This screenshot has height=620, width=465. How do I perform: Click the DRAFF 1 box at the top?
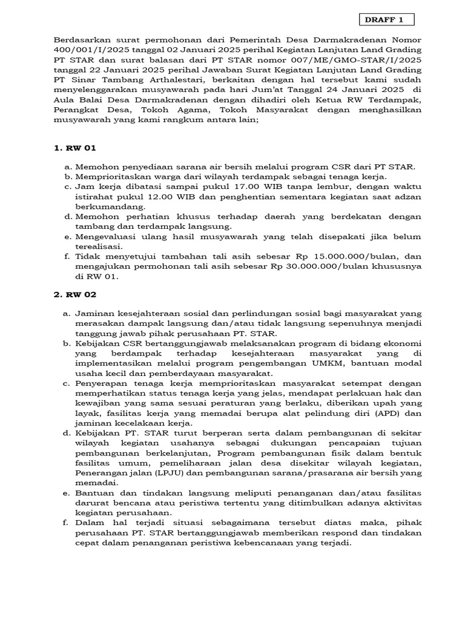pos(384,20)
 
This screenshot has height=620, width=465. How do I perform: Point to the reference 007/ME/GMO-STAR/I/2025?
pos(350,59)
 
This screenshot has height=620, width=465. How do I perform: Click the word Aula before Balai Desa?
pos(67,99)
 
